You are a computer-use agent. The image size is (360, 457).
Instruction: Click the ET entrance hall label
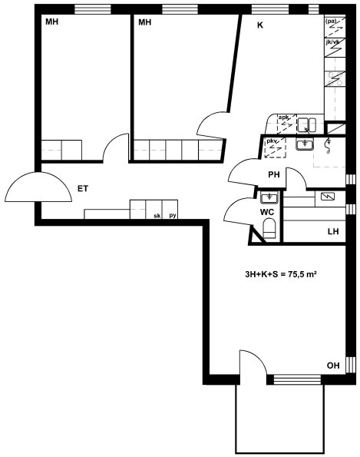[83, 189]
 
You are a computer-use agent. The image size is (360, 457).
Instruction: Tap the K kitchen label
[259, 25]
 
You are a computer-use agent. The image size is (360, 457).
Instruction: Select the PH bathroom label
[274, 174]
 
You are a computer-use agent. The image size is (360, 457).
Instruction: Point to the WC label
[267, 212]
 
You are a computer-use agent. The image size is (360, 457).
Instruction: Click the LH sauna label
[333, 231]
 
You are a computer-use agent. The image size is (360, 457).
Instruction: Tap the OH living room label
[333, 366]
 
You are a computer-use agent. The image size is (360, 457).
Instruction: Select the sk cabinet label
[157, 216]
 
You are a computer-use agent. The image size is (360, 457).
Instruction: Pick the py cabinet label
[173, 216]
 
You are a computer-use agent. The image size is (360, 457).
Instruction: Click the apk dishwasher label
[284, 118]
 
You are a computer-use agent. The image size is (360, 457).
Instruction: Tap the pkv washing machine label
[272, 141]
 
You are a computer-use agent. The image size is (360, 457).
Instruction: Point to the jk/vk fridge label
[332, 42]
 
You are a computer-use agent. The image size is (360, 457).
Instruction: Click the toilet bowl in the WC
[269, 229]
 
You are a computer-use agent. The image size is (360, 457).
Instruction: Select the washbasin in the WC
[269, 198]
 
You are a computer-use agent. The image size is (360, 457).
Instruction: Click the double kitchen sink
[307, 124]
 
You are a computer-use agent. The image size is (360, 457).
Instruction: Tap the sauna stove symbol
[328, 197]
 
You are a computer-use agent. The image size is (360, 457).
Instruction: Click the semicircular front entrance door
[38, 187]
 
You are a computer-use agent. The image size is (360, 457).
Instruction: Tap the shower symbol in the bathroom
[329, 145]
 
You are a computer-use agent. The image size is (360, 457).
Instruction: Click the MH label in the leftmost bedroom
[52, 22]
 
